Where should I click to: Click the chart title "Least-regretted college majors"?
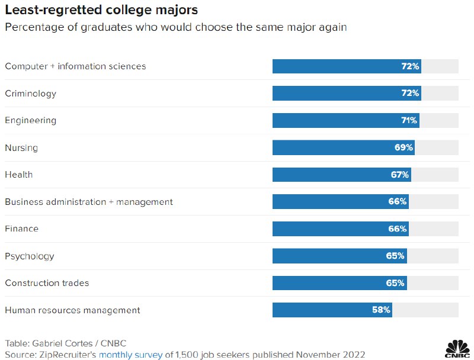coord(101,10)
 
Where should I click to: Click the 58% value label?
coord(382,310)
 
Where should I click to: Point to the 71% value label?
coord(409,120)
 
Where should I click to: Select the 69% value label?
coord(403,147)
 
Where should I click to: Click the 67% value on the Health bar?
coord(400,175)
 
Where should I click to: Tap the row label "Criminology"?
coord(31,93)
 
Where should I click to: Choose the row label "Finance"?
coord(21,229)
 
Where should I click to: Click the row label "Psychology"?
coord(30,256)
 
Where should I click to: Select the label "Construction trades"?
coord(47,283)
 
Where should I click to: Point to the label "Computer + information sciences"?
coord(75,66)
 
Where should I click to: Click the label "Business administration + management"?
coord(89,202)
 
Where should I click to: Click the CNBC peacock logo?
coord(456,348)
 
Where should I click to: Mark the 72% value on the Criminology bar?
coord(410,93)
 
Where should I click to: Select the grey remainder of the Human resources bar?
coord(425,310)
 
